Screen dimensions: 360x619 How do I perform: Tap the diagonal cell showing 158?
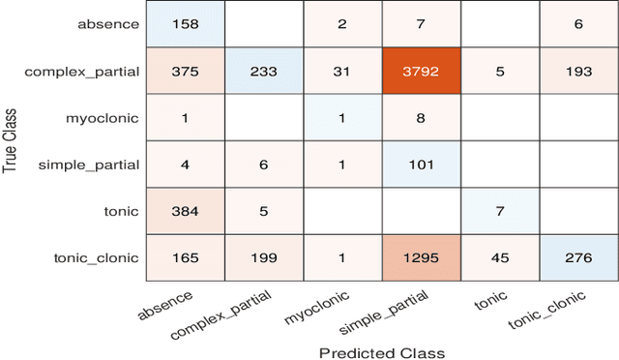[185, 22]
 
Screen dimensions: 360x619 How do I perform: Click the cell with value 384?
[185, 212]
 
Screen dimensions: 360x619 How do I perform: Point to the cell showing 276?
[576, 258]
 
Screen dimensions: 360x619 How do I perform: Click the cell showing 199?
[263, 258]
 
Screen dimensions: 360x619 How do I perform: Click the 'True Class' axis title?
[11, 140]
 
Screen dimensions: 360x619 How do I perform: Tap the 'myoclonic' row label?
[104, 117]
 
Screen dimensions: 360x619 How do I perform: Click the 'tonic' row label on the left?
[120, 212]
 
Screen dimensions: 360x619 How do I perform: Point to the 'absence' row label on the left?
[108, 22]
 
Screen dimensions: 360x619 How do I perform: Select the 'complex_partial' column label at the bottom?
[220, 314]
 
